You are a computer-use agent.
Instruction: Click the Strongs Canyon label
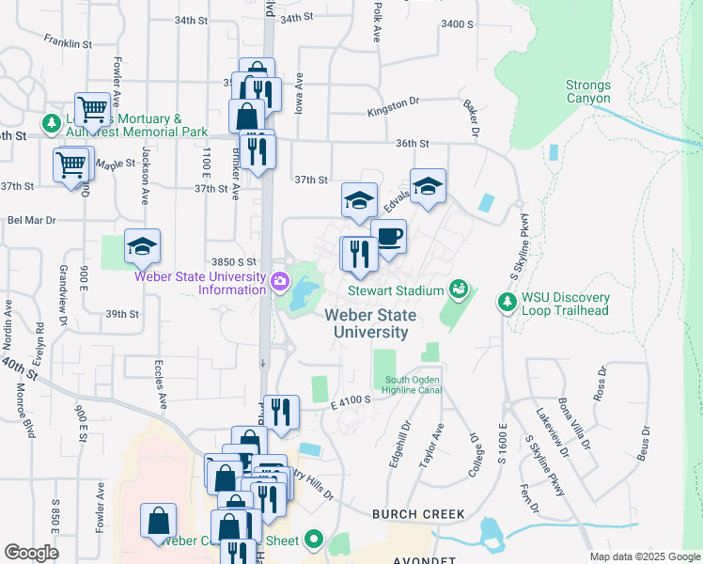[587, 91]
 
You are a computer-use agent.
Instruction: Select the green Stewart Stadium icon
[459, 289]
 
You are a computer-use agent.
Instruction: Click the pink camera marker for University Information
[280, 281]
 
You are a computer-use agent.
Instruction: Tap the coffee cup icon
[388, 235]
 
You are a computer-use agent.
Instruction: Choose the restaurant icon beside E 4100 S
[281, 411]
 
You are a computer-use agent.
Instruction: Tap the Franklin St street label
[68, 41]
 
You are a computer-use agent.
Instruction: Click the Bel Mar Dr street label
[32, 221]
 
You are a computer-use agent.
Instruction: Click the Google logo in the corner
[30, 552]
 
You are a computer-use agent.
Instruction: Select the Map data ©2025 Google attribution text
[644, 556]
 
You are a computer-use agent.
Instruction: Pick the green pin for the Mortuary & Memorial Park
[50, 123]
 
